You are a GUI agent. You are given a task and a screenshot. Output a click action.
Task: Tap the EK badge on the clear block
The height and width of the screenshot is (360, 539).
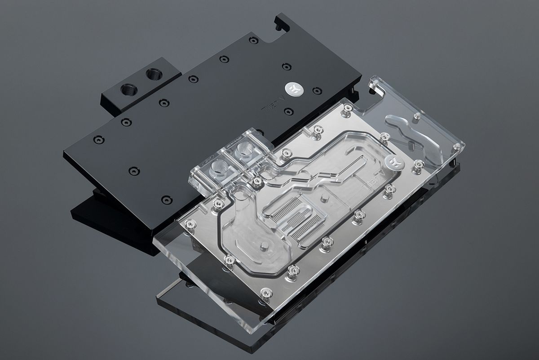pyautogui.click(x=393, y=163)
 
